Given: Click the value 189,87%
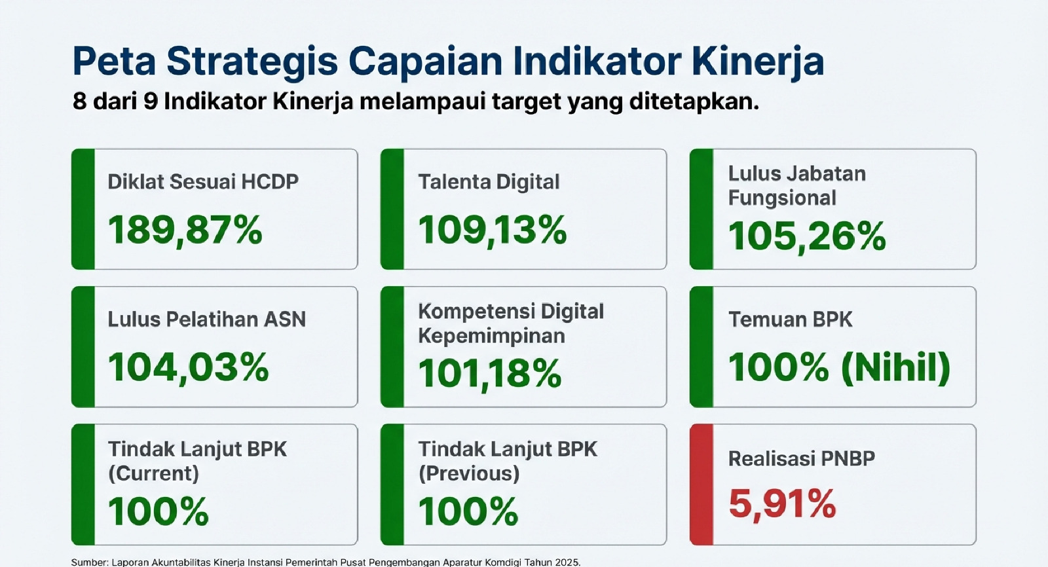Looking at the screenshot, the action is pyautogui.click(x=185, y=230).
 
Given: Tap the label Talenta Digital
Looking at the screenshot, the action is pyautogui.click(x=489, y=182).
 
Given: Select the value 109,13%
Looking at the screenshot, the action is pyautogui.click(x=492, y=230).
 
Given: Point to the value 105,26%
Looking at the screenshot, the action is pyautogui.click(x=807, y=237).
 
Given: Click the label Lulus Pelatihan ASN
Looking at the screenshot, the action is pyautogui.click(x=207, y=320).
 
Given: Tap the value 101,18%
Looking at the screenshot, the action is pyautogui.click(x=489, y=373).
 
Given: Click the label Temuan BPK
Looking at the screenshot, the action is pyautogui.click(x=790, y=320).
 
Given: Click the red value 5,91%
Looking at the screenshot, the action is pyautogui.click(x=782, y=503).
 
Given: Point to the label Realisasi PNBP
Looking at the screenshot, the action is pyautogui.click(x=802, y=458).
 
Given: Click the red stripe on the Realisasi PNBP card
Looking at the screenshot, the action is pyautogui.click(x=702, y=485).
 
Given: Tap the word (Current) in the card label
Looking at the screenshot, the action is pyautogui.click(x=153, y=473).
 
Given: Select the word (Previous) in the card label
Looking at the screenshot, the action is pyautogui.click(x=469, y=473).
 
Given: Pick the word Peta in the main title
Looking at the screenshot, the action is pyautogui.click(x=114, y=62).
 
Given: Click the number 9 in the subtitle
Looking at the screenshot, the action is pyautogui.click(x=150, y=101).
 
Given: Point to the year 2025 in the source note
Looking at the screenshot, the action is pyautogui.click(x=567, y=562).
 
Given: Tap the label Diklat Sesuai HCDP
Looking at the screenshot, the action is pyautogui.click(x=203, y=181).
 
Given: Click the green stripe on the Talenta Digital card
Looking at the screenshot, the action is pyautogui.click(x=392, y=209).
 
